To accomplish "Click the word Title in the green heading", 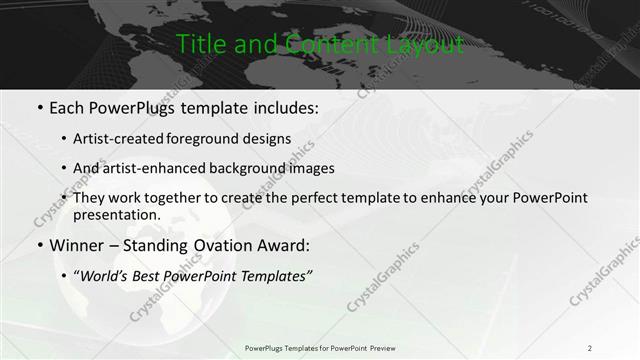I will [x=199, y=45].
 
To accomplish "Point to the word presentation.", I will [x=117, y=215].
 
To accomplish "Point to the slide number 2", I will [x=589, y=348].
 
